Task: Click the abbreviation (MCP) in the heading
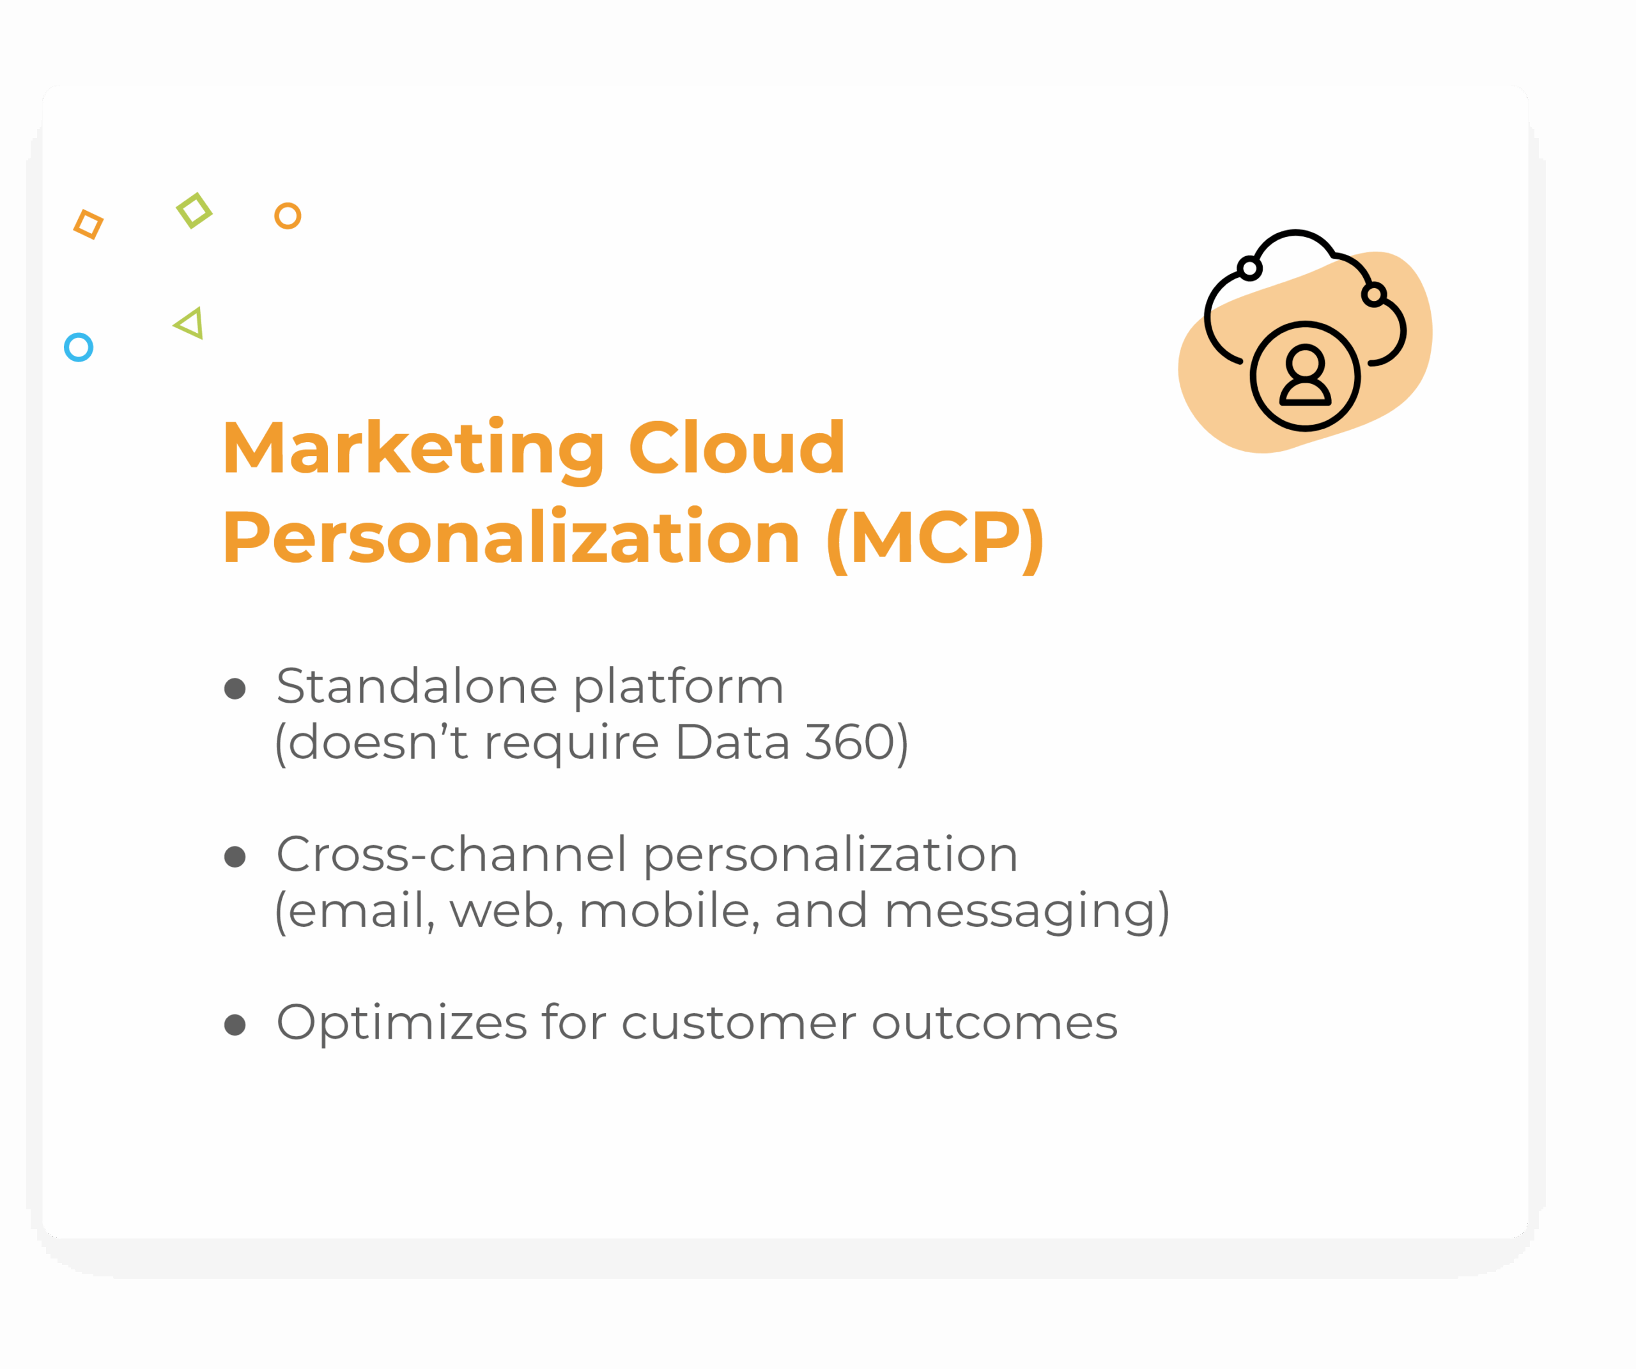935,540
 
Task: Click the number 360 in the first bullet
849,742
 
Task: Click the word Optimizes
402,1023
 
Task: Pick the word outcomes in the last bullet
995,1024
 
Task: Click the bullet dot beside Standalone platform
235,689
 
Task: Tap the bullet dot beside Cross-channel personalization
235,857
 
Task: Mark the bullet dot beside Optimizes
235,1025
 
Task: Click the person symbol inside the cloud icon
1305,376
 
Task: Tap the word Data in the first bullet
733,742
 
